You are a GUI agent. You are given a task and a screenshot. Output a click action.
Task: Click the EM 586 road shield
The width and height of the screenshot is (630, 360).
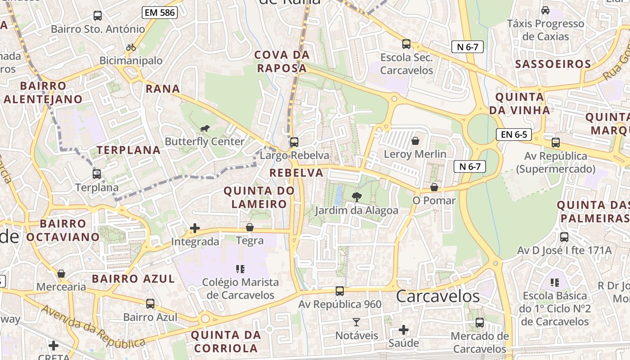[160, 13]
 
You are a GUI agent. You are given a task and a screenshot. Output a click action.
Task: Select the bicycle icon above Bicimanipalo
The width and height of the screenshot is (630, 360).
[131, 47]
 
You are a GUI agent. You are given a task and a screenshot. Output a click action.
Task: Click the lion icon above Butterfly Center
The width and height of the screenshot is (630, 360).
[205, 129]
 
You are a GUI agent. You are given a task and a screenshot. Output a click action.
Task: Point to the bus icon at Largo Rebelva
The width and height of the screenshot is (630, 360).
[294, 142]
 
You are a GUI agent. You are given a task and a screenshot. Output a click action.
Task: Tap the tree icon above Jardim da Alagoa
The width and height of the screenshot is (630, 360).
[356, 197]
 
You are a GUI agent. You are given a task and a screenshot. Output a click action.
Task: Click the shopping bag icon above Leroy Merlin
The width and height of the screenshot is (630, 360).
[415, 141]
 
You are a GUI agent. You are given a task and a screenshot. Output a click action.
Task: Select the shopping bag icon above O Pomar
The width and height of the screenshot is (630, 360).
[434, 187]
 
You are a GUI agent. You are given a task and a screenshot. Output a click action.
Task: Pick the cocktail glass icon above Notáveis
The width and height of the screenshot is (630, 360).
[356, 322]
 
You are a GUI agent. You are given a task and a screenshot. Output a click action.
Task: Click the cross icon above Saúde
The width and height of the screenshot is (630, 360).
[404, 330]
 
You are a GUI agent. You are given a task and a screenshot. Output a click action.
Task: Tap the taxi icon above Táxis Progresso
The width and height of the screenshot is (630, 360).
[545, 10]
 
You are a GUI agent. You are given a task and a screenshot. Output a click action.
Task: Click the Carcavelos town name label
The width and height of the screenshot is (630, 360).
[438, 296]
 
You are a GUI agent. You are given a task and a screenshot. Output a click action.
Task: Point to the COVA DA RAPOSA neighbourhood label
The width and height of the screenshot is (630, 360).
[282, 62]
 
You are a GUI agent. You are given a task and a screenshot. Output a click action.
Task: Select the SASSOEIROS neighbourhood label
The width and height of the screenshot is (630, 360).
[553, 64]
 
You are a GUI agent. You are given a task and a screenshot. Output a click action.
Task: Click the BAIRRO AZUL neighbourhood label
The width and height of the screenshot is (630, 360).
[133, 279]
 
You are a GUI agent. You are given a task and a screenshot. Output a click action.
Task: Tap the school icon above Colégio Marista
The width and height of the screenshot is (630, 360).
[240, 269]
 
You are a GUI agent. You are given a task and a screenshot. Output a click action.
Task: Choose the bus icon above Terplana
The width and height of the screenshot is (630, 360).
[97, 174]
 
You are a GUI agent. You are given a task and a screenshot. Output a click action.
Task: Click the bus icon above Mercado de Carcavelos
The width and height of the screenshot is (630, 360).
[480, 322]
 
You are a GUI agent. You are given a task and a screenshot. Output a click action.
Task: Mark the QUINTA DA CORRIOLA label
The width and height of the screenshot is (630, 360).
[226, 341]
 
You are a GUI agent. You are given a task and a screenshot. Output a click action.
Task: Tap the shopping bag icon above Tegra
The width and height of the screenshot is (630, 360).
[250, 228]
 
